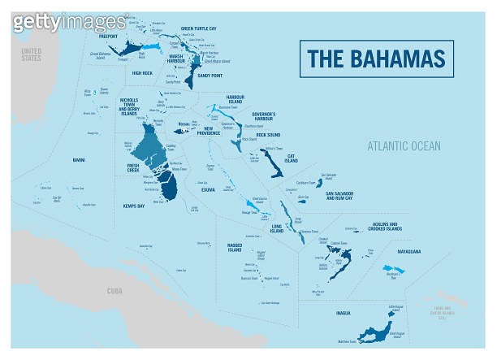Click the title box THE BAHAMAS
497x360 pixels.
[376, 59]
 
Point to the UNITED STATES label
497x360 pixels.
[31, 54]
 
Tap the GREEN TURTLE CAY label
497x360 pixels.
[198, 28]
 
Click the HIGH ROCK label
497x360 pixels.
[142, 73]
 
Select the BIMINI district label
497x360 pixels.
[78, 160]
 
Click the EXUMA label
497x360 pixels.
[208, 190]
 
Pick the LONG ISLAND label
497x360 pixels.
[277, 228]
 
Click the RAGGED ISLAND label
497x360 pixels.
[235, 245]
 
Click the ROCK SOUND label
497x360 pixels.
[268, 135]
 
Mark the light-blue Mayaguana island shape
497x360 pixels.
[391, 268]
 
